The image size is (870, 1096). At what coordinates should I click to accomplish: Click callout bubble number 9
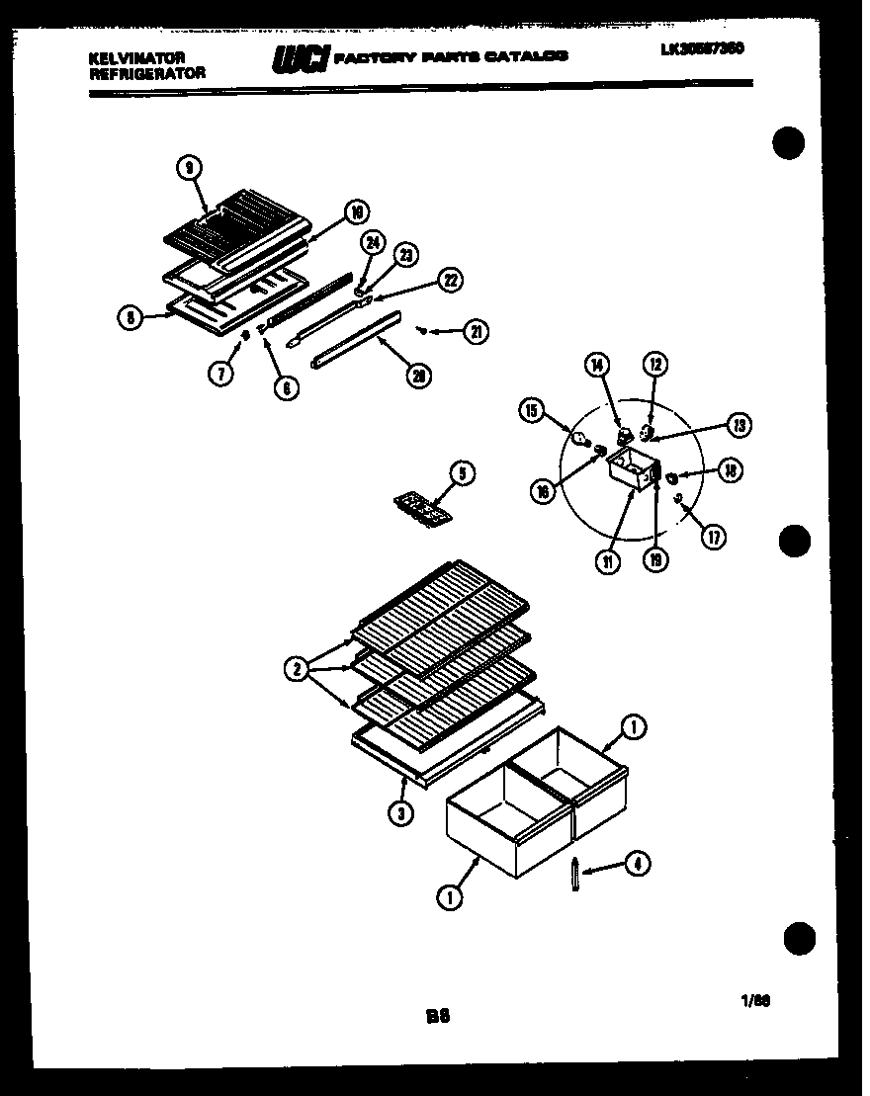click(187, 169)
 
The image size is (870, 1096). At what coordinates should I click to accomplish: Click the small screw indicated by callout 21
click(422, 329)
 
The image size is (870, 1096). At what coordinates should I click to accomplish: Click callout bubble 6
click(284, 388)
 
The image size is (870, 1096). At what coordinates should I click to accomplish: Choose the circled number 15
click(531, 410)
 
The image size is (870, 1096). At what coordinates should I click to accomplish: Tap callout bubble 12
click(654, 366)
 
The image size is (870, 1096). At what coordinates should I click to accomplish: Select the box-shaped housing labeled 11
click(629, 468)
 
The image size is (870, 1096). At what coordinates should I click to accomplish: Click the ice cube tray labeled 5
click(421, 509)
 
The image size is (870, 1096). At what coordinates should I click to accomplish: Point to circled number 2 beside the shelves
click(296, 670)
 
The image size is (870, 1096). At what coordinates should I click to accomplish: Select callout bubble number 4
click(638, 865)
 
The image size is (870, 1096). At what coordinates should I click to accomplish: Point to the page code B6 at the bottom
click(438, 1014)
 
